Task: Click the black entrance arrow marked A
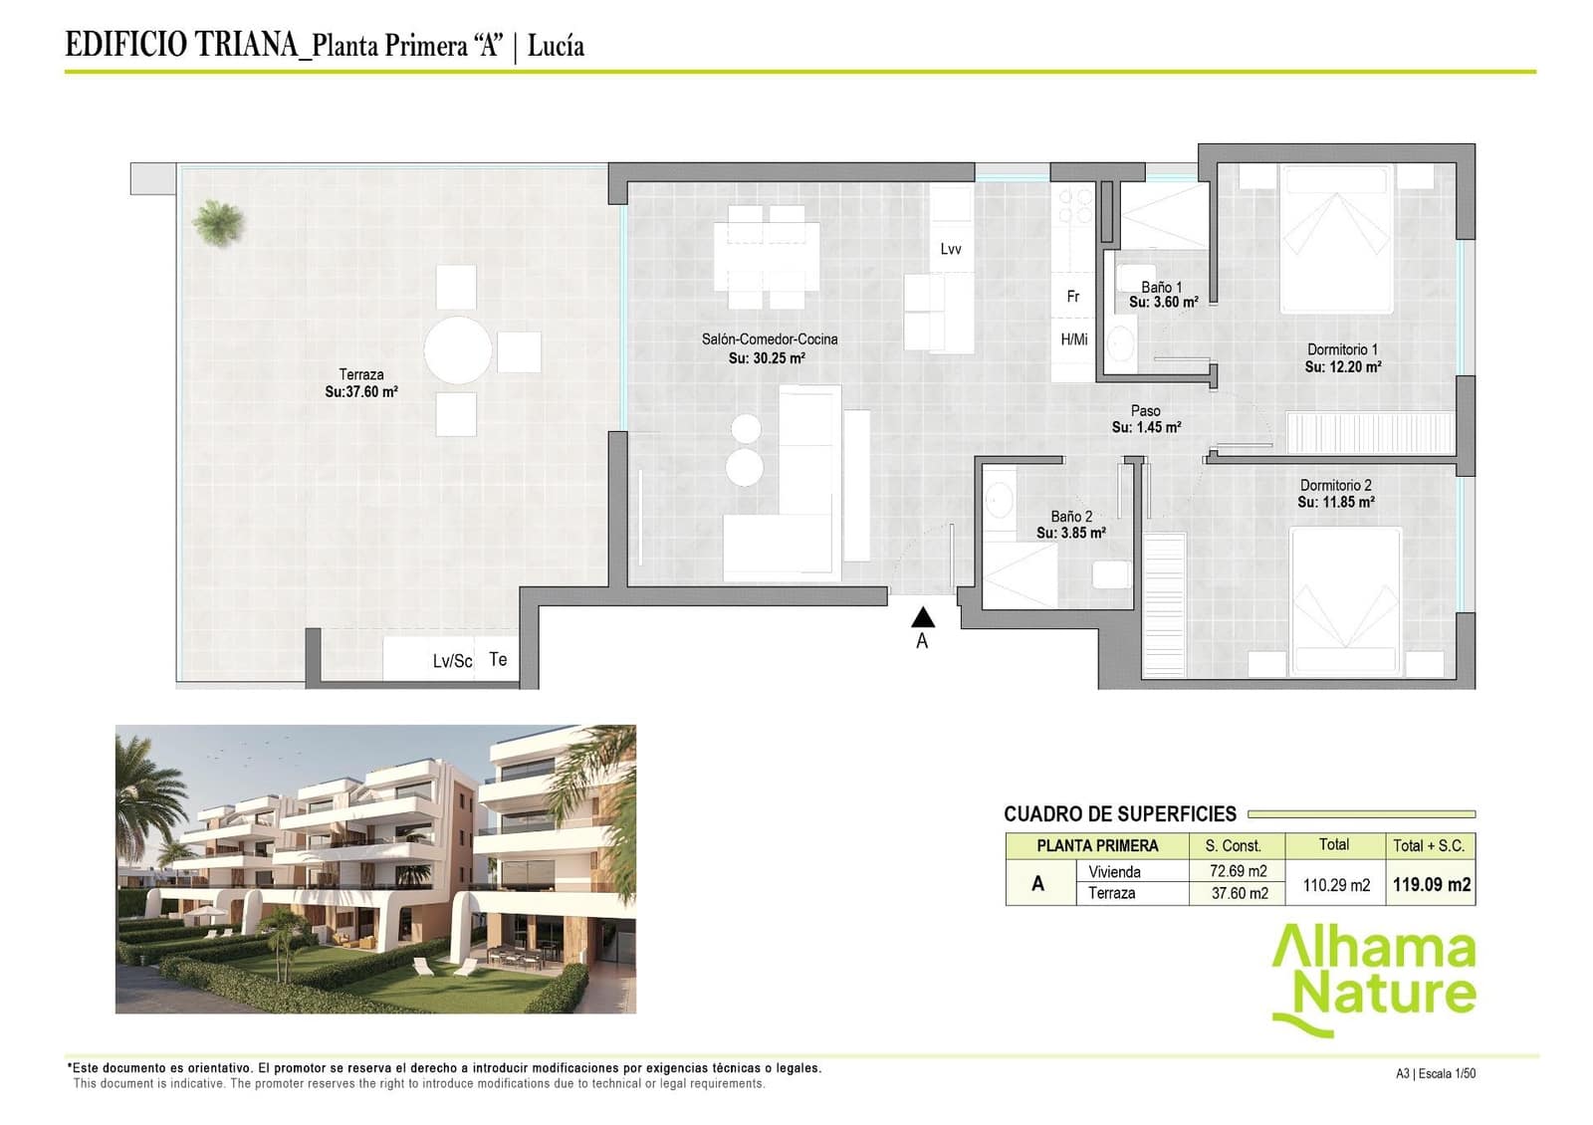(x=922, y=618)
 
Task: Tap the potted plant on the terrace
(x=218, y=222)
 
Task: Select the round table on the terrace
(x=458, y=350)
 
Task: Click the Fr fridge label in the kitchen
(x=1072, y=297)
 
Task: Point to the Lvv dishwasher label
(x=950, y=249)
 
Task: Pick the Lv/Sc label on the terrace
(x=452, y=661)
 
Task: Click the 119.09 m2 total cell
(x=1431, y=884)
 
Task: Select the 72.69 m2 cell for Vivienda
(x=1238, y=871)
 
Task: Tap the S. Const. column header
(x=1233, y=846)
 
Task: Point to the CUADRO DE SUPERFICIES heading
(x=1119, y=814)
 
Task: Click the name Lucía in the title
(x=556, y=46)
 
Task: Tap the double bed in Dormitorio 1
(x=1334, y=239)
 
